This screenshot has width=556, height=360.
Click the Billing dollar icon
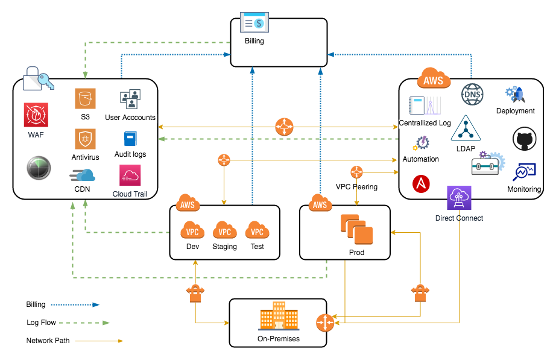tap(254, 24)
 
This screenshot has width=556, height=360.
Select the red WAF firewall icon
tap(36, 115)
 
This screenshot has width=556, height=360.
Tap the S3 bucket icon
tap(86, 99)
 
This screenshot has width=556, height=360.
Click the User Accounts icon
tap(130, 99)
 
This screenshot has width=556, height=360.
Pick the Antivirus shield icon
tap(86, 139)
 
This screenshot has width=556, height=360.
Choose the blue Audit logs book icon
tap(130, 139)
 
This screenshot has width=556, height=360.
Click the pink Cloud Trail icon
tap(130, 176)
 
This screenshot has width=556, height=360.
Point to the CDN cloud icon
tap(82, 175)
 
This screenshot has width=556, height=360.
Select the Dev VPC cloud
tap(192, 230)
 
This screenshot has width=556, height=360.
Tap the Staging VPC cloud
tap(224, 230)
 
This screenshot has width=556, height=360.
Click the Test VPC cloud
tap(257, 230)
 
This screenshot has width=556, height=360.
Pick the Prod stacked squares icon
tap(356, 230)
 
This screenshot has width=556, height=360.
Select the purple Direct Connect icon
tap(459, 198)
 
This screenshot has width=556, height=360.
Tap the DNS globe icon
tap(473, 95)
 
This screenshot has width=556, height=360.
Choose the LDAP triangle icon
tap(466, 128)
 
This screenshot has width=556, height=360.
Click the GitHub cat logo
tap(524, 139)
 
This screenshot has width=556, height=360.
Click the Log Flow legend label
tap(41, 323)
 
